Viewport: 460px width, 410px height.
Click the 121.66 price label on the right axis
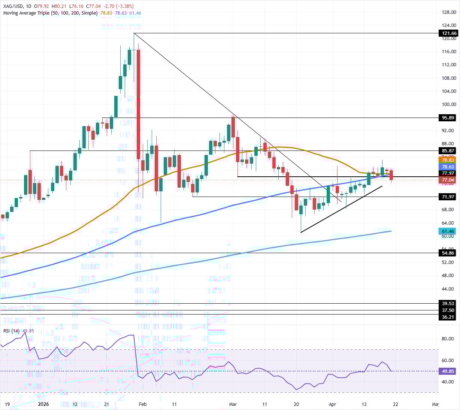coord(448,33)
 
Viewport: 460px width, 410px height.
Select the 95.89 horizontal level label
coord(448,118)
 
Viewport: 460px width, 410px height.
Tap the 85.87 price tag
coord(448,151)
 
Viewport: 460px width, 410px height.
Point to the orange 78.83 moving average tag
coord(448,160)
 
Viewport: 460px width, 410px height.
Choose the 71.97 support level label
coord(448,197)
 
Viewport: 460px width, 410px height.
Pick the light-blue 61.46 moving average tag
coord(448,231)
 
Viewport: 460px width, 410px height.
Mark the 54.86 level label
coord(448,253)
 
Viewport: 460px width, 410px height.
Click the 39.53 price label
coord(448,304)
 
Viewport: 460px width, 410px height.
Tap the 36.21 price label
coord(448,317)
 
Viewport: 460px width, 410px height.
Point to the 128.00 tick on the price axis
coord(449,12)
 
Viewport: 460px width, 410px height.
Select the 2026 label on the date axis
coord(43,404)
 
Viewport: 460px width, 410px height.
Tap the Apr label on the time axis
coord(332,404)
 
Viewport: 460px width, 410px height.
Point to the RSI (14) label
coord(11,331)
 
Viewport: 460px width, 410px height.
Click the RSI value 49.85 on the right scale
coord(448,371)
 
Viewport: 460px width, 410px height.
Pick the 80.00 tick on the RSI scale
coord(448,339)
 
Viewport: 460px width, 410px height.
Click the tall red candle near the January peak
coord(139,105)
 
